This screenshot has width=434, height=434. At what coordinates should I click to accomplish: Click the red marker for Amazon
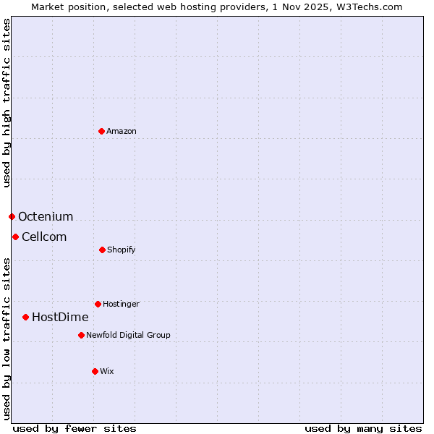tap(102, 131)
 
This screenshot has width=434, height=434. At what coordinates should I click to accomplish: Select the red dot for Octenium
tap(12, 216)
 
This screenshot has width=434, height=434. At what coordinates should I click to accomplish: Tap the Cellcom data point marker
tap(15, 237)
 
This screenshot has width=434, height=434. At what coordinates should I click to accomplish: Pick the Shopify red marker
tap(102, 250)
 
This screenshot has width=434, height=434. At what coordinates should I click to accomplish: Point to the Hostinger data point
tap(98, 304)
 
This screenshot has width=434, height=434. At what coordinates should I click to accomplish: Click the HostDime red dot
tap(25, 317)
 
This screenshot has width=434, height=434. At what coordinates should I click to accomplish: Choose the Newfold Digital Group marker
tap(81, 335)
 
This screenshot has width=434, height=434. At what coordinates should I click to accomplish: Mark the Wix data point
tap(95, 371)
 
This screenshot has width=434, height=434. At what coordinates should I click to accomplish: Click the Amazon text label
tap(122, 131)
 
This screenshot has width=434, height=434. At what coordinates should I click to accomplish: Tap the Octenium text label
tap(46, 216)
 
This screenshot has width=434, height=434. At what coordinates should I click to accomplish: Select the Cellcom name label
tap(44, 237)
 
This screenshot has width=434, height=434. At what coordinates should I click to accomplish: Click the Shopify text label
tap(122, 250)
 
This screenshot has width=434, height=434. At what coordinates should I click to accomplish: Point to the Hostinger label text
tap(121, 304)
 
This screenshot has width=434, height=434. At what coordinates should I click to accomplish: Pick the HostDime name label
tap(60, 317)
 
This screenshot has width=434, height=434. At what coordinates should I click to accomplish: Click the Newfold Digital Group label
tap(128, 335)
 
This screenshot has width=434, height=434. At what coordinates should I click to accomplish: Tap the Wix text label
tap(107, 371)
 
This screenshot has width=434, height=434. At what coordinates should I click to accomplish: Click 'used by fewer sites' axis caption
tap(75, 428)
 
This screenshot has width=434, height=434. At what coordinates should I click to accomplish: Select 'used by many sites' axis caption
tap(363, 428)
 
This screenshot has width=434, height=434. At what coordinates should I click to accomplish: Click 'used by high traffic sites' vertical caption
tap(7, 103)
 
